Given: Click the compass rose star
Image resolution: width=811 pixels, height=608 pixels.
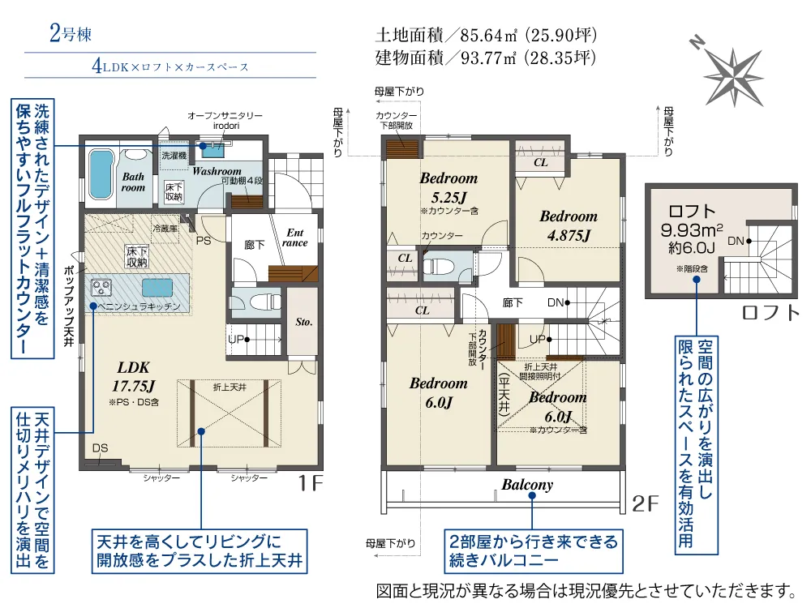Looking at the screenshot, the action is click(x=734, y=76).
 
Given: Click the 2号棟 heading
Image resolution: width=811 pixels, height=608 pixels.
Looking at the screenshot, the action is click(x=71, y=33).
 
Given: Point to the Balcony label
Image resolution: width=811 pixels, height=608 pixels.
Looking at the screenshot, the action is click(x=527, y=485).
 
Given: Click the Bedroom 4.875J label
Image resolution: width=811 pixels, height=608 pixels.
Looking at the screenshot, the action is click(x=569, y=225).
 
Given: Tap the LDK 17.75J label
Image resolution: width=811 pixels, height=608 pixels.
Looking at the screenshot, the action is click(x=134, y=376).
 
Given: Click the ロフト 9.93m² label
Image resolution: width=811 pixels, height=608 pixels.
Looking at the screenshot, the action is click(x=692, y=221).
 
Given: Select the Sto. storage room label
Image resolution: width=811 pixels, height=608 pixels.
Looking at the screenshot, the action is click(x=303, y=322).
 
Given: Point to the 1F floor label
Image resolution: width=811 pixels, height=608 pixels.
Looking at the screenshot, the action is click(x=311, y=483).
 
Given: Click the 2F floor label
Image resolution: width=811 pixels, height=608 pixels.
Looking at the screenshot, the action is click(x=645, y=503).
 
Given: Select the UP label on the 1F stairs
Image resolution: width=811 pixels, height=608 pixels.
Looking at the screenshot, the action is click(x=236, y=340).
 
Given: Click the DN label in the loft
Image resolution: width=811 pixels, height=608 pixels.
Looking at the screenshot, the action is click(x=736, y=241).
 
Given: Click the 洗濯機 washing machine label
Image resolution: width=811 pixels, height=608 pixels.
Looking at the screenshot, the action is click(x=174, y=155).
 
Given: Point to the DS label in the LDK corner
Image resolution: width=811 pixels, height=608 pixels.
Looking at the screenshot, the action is click(x=100, y=448).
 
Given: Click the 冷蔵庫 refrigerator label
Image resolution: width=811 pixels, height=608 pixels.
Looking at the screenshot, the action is click(x=165, y=228).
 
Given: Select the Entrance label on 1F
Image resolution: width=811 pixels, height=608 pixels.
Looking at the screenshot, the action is click(x=295, y=238).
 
